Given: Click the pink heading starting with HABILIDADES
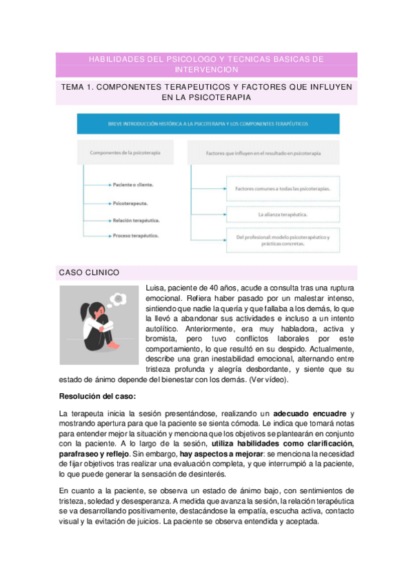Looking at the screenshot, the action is click(x=206, y=65).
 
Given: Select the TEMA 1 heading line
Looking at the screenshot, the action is click(x=206, y=93).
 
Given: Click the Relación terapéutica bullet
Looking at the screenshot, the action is click(x=137, y=220).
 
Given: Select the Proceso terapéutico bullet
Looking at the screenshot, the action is click(x=136, y=236).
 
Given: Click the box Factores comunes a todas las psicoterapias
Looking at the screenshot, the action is click(x=283, y=188).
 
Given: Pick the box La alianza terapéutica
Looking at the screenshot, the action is click(x=283, y=215).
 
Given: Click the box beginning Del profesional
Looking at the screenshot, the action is click(x=283, y=241).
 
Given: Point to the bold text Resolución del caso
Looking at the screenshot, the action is click(x=97, y=397).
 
